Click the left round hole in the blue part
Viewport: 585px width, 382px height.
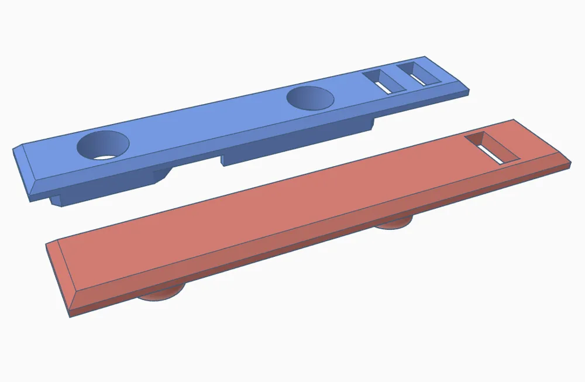[x=104, y=146]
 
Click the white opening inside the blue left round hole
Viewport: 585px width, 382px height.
[x=106, y=157]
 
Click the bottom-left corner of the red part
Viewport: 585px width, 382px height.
[x=71, y=316]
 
